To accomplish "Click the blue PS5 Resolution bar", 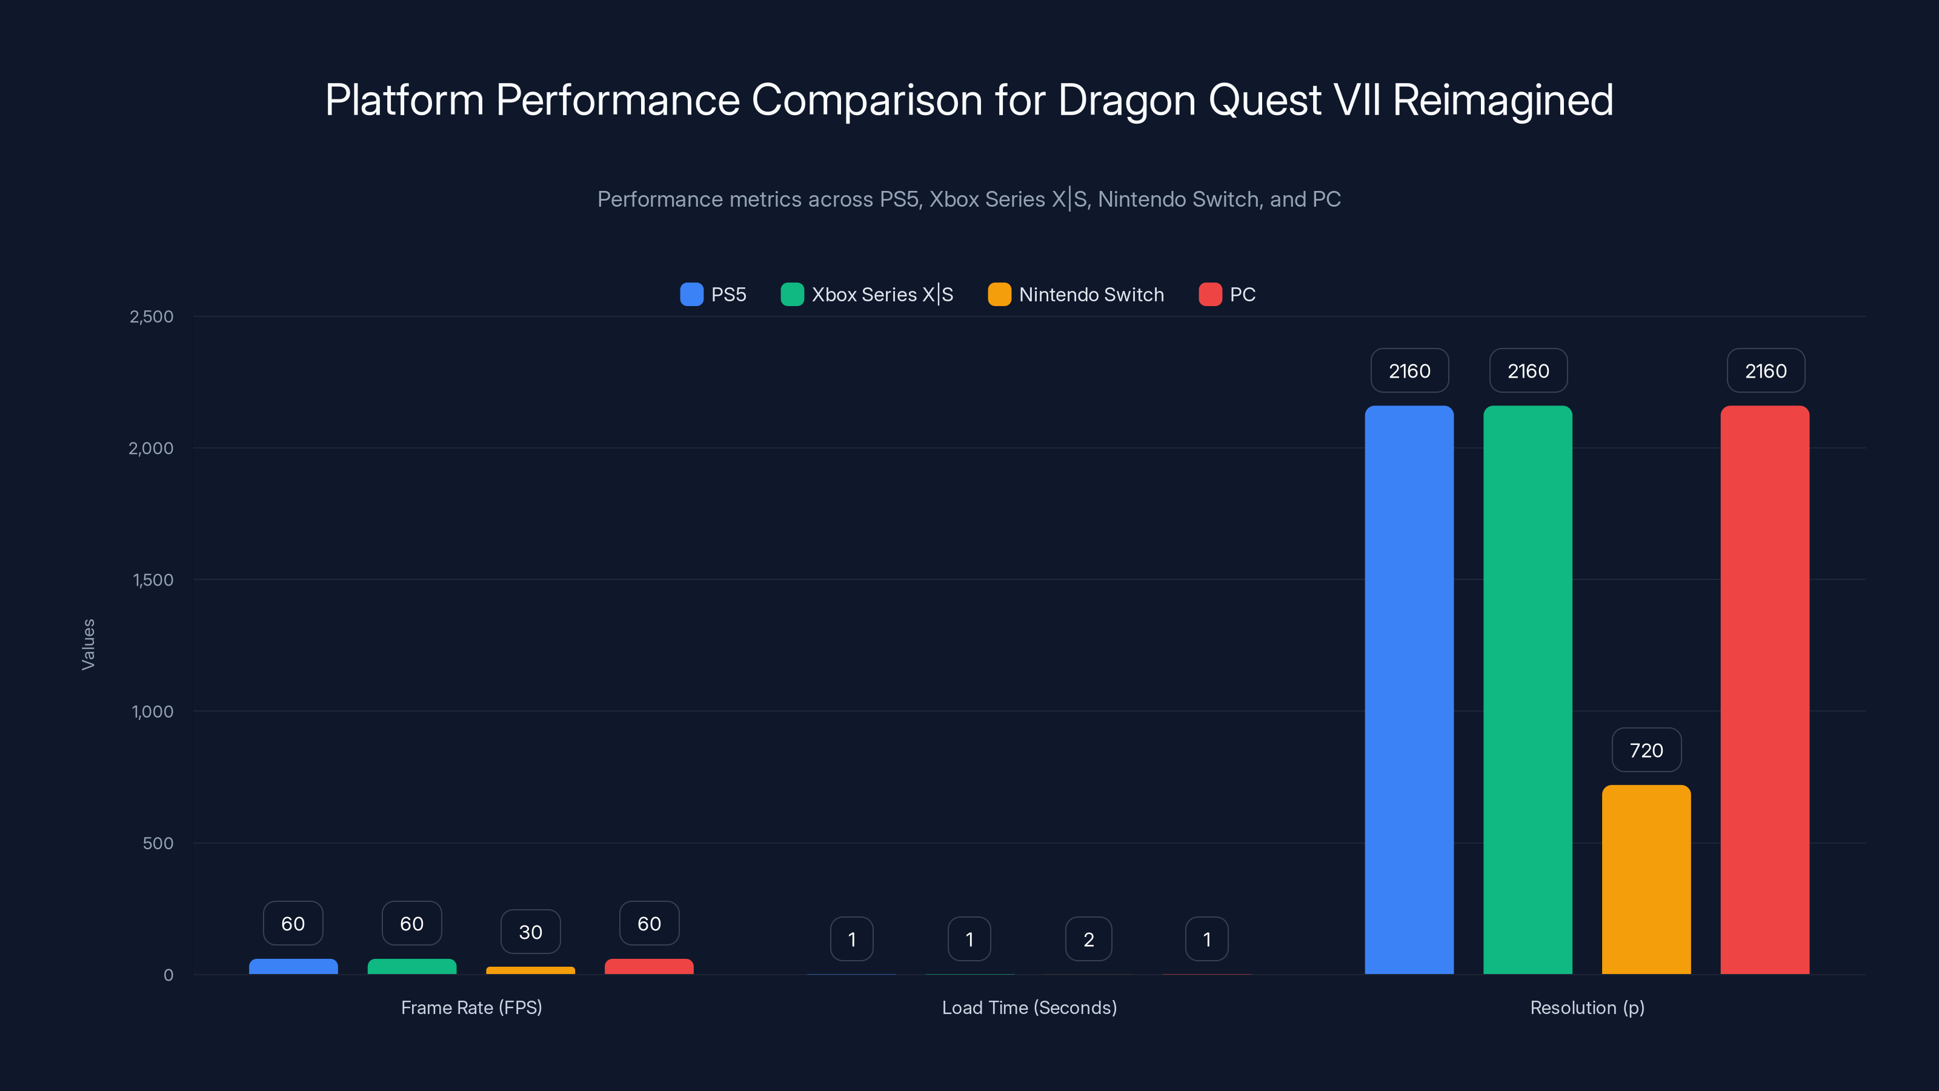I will click(x=1409, y=689).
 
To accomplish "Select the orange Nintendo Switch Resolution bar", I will click(x=1646, y=879).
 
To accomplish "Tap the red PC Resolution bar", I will click(x=1764, y=689).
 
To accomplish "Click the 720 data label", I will click(x=1646, y=750).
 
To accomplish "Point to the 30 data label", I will click(x=531, y=932).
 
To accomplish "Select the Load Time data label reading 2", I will click(x=1088, y=939).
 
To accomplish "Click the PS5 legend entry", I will click(x=714, y=295).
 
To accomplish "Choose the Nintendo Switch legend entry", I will click(x=1076, y=295).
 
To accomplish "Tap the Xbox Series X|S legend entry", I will click(x=867, y=295).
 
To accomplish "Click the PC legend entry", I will click(x=1228, y=295).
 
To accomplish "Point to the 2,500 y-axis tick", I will click(x=151, y=316).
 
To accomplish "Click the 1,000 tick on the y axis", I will click(x=153, y=712).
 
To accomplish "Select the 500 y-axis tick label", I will click(x=158, y=843).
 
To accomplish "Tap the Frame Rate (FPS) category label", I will click(x=471, y=1007).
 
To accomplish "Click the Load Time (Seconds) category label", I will click(x=1029, y=1007).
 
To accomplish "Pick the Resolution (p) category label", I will click(x=1587, y=1007).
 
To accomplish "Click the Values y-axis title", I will click(x=88, y=644).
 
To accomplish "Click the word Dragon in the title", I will click(x=1127, y=100).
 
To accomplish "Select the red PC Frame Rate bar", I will click(x=649, y=966).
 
